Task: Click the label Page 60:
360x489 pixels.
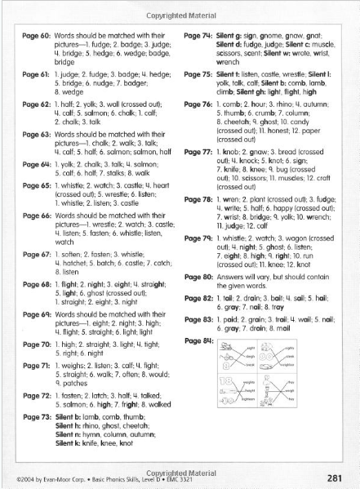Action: point(35,38)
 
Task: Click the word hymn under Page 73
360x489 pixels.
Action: point(95,438)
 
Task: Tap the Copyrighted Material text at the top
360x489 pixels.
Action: point(180,7)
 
